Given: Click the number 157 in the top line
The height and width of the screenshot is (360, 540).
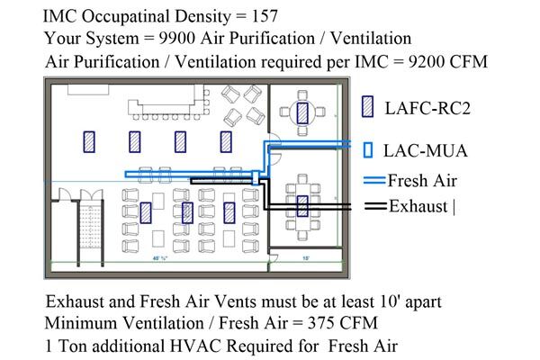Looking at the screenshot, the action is tap(265, 16).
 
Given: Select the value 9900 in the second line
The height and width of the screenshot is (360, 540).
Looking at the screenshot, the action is tap(176, 38).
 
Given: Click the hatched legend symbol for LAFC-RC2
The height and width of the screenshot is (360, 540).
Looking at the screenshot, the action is tap(367, 106).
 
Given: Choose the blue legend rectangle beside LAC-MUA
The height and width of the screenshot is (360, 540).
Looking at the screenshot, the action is tap(368, 150).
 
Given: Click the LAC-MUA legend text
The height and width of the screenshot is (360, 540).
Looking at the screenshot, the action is tap(426, 151).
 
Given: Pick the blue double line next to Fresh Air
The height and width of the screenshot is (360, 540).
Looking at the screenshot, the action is tap(374, 180).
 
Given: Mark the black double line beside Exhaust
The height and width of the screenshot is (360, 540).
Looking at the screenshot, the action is tap(375, 206).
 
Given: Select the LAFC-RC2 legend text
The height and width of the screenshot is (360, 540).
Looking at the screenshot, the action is tap(427, 108).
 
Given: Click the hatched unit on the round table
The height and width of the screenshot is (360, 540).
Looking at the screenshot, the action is tap(302, 113).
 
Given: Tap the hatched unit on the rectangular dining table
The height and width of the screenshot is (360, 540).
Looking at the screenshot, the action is tap(302, 206).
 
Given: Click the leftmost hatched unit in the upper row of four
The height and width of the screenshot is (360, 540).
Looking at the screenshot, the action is tap(89, 142).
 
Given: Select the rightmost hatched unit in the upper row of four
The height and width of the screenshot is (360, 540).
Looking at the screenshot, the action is tap(226, 142).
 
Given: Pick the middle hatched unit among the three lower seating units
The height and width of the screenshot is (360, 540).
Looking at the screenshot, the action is tap(187, 212).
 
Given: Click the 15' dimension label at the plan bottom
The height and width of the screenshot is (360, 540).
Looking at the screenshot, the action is tap(305, 258).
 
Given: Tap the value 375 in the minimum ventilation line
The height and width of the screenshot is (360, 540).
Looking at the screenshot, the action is tap(320, 323).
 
